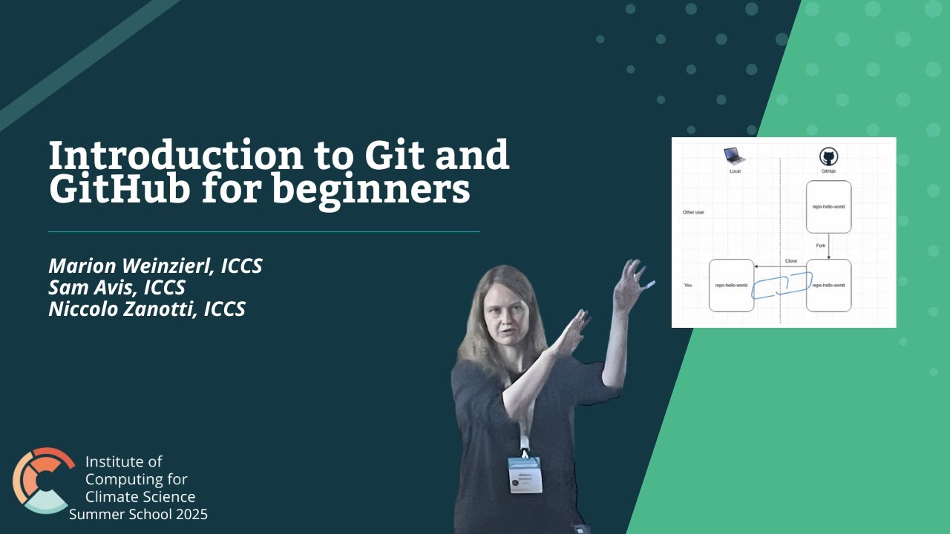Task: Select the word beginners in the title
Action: (370, 189)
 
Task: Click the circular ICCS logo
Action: (43, 480)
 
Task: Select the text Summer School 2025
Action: (138, 514)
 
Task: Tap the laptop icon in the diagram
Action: (735, 156)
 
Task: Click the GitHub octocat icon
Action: (828, 156)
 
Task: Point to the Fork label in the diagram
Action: (820, 245)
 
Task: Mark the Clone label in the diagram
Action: (791, 261)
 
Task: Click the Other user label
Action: (693, 212)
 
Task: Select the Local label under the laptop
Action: (735, 171)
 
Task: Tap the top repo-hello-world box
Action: (828, 207)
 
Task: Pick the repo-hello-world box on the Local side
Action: (731, 285)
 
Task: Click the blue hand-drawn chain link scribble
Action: (781, 286)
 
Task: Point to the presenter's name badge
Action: (525, 475)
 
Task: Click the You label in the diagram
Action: (687, 285)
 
